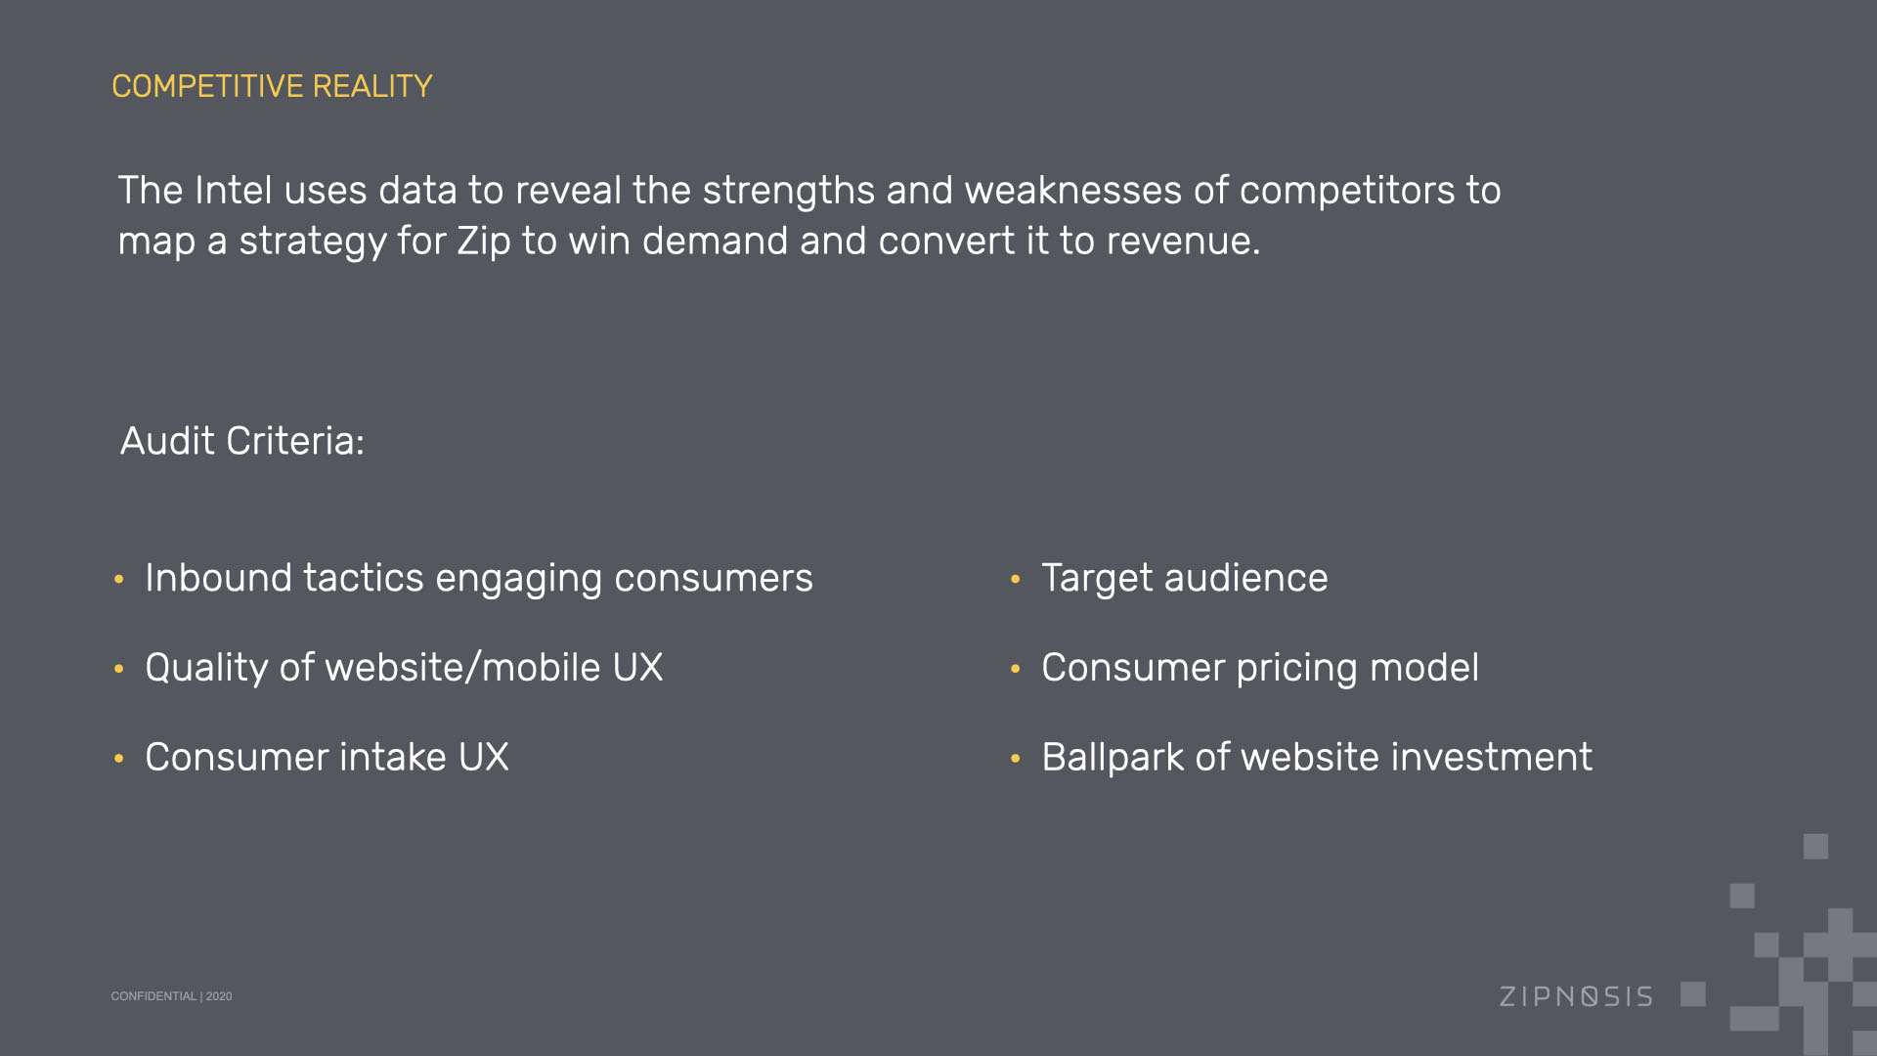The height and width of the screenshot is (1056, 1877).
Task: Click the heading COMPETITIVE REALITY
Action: [272, 86]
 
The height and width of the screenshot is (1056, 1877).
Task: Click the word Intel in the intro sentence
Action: [234, 190]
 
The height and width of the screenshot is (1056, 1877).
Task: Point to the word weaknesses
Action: [1073, 190]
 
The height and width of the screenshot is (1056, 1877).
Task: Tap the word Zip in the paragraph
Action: [484, 242]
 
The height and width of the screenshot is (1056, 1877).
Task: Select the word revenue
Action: [1183, 242]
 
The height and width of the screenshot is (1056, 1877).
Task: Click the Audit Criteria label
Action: [241, 441]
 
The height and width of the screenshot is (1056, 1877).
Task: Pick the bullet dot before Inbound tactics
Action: [119, 579]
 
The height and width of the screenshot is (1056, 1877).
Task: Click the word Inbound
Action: [219, 578]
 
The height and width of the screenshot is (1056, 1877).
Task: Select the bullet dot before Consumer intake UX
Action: [119, 758]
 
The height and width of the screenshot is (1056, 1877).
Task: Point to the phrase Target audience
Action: [1185, 578]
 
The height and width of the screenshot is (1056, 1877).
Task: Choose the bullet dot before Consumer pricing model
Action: [1016, 669]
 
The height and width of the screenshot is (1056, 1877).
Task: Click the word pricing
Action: [1297, 669]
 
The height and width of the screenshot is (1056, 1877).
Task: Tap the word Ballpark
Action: [1113, 757]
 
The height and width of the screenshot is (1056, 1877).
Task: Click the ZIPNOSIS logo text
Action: [1576, 996]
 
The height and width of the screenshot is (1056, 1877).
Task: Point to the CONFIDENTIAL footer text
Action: [153, 996]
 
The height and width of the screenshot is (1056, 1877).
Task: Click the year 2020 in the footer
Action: [219, 996]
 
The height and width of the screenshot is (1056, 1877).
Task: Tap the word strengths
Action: [789, 191]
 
